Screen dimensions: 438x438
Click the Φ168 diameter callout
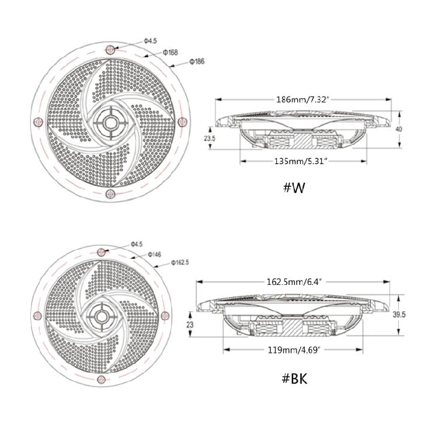[x=170, y=52]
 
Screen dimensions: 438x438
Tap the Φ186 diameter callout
[x=197, y=61]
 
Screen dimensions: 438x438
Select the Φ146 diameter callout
[x=154, y=255]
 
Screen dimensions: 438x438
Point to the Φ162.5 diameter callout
[x=180, y=263]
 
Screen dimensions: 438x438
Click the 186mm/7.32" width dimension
[x=301, y=99]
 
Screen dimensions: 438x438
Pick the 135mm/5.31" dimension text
[x=301, y=161]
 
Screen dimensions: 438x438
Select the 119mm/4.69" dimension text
[x=294, y=350]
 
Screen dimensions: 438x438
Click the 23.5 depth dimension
[x=210, y=138]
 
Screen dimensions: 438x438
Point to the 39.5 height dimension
[x=399, y=315]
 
